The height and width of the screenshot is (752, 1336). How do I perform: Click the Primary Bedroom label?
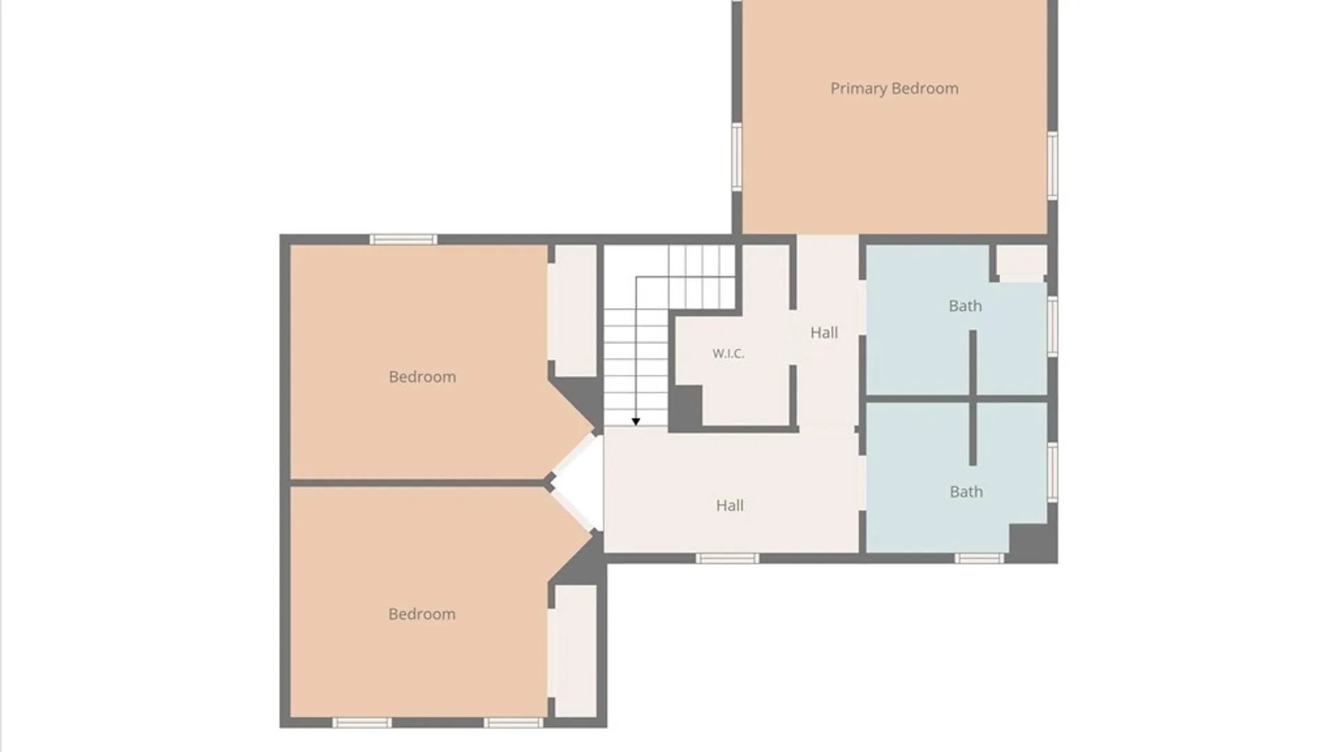894,88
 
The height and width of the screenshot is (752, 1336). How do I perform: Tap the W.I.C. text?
728,354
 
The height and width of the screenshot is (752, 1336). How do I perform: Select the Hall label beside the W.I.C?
824,333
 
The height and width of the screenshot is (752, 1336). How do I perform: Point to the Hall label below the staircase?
730,506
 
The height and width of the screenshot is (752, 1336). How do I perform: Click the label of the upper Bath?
965,306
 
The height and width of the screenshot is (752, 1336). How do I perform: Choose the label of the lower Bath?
967,492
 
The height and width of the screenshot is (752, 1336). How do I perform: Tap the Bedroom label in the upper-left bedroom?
422,377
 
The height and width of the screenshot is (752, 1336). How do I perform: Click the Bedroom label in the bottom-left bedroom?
422,614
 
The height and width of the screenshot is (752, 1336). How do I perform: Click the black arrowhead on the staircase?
635,422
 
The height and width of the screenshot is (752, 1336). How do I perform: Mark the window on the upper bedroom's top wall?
404,240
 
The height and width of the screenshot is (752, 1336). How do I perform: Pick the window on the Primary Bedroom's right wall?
1053,165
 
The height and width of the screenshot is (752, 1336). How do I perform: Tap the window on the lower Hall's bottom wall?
728,558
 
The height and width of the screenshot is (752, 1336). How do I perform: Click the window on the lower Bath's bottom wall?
979,558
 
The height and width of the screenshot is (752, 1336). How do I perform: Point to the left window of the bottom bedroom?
362,723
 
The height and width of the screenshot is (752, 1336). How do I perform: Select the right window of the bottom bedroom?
514,723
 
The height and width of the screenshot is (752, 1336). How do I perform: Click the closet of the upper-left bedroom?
575,311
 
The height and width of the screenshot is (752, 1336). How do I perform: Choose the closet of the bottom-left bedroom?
575,651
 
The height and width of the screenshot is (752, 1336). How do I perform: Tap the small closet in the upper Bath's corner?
1021,260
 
